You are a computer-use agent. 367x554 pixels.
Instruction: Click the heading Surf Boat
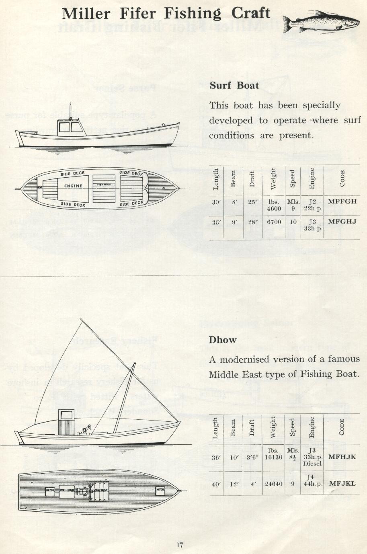(x=234, y=85)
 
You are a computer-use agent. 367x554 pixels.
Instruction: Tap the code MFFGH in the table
(x=342, y=201)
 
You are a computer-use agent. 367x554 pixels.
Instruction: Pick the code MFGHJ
(x=342, y=222)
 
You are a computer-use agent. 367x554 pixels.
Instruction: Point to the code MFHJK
(x=342, y=457)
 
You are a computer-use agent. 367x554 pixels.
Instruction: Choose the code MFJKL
(x=342, y=483)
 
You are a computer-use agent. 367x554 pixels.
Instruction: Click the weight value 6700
(x=274, y=222)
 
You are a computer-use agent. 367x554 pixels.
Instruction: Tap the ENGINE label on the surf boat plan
(x=73, y=186)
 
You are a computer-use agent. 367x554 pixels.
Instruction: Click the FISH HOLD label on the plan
(x=107, y=185)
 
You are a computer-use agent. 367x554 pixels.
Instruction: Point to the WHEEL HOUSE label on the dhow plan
(x=67, y=490)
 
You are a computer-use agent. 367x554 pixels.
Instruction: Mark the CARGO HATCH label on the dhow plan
(x=100, y=490)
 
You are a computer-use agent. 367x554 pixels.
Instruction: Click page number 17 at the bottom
(x=180, y=545)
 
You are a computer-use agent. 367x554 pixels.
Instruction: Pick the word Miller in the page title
(x=86, y=14)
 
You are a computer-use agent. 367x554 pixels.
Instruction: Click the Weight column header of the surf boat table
(x=273, y=179)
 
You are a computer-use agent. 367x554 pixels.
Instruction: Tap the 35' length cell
(x=216, y=222)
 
